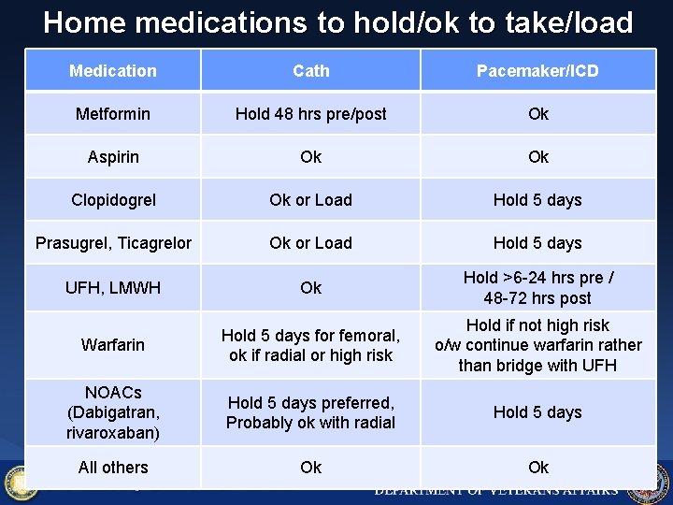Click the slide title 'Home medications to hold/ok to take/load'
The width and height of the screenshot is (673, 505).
pyautogui.click(x=336, y=22)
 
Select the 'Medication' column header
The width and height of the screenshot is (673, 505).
pyautogui.click(x=113, y=71)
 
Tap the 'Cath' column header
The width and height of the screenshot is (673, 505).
pyautogui.click(x=310, y=71)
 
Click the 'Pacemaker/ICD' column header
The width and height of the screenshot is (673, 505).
pyautogui.click(x=537, y=71)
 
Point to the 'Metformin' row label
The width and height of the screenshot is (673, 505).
pyautogui.click(x=113, y=114)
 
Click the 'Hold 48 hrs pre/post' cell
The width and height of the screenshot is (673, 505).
pyautogui.click(x=310, y=114)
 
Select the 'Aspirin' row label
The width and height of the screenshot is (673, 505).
pyautogui.click(x=113, y=157)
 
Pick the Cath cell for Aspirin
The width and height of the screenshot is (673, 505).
pyautogui.click(x=310, y=157)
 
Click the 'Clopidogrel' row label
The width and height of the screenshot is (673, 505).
pyautogui.click(x=113, y=200)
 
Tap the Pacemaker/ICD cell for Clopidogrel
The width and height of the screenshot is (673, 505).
pyautogui.click(x=537, y=200)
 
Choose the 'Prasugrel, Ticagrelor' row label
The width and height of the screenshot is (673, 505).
pyautogui.click(x=113, y=243)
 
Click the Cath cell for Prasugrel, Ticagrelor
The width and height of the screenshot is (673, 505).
pyautogui.click(x=310, y=243)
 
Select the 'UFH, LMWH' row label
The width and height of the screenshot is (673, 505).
pyautogui.click(x=113, y=288)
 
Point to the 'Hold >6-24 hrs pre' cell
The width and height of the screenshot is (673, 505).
pyautogui.click(x=537, y=288)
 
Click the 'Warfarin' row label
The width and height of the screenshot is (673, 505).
pyautogui.click(x=113, y=345)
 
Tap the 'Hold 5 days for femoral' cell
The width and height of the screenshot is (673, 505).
pyautogui.click(x=310, y=345)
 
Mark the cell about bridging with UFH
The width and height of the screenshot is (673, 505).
pyautogui.click(x=537, y=345)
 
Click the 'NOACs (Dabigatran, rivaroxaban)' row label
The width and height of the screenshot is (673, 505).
pyautogui.click(x=113, y=412)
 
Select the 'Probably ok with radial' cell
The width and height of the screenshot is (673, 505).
pyautogui.click(x=310, y=412)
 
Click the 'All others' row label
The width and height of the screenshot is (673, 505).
pyautogui.click(x=113, y=468)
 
